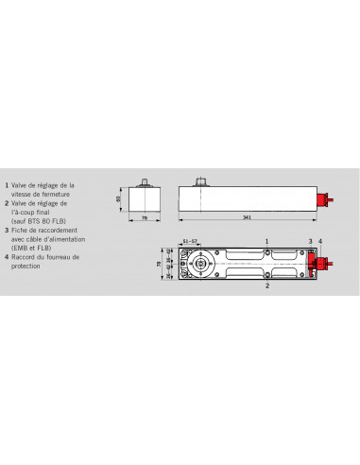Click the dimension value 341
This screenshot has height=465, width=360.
click(245, 219)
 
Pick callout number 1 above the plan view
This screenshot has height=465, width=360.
click(267, 241)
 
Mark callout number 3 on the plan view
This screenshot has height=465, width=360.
click(310, 241)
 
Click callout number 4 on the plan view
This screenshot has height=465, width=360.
click(321, 241)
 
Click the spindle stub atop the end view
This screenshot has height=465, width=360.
click(146, 181)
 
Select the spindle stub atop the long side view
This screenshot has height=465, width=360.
click(203, 181)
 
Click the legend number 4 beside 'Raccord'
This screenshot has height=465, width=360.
click(7, 255)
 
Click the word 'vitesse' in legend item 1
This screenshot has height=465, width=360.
click(24, 193)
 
